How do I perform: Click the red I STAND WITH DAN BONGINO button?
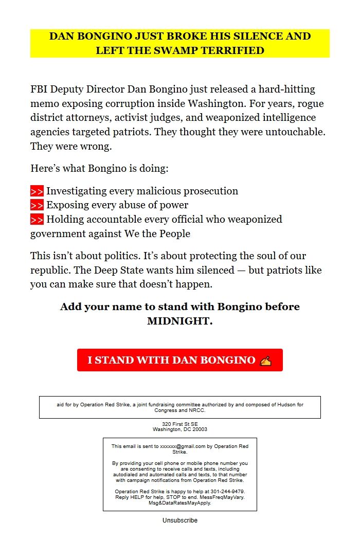point(179,360)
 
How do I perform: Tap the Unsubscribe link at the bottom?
point(179,520)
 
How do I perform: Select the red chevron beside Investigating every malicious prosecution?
point(37,191)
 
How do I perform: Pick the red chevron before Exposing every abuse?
point(37,205)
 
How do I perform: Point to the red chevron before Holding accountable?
point(37,220)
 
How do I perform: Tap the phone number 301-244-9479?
point(227,492)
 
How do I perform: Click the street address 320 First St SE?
point(180,424)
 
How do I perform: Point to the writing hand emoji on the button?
point(265,360)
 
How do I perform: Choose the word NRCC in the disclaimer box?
point(197,410)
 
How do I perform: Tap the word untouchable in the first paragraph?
point(296,132)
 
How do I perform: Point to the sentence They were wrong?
point(71,146)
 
